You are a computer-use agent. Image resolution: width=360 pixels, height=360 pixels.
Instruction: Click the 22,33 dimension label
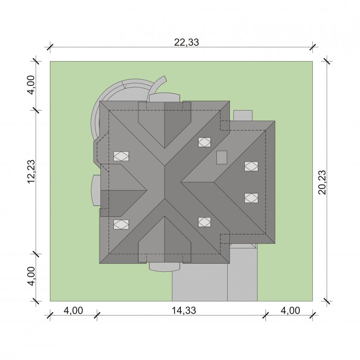tap(186, 42)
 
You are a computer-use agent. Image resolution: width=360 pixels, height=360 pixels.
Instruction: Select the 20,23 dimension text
tap(322, 182)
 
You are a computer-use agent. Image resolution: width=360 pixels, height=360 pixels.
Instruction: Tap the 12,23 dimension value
tap(31, 171)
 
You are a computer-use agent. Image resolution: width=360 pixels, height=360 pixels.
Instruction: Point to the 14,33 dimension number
tap(184, 310)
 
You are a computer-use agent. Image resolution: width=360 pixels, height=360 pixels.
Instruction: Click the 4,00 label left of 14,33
tap(73, 310)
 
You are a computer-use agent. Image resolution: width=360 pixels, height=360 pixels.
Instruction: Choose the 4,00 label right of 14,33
tap(290, 310)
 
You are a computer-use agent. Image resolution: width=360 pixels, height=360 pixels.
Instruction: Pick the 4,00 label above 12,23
tap(31, 85)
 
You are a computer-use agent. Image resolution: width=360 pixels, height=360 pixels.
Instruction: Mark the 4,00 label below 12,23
tap(31, 276)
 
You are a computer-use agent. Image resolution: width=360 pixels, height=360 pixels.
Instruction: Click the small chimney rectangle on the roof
tap(222, 157)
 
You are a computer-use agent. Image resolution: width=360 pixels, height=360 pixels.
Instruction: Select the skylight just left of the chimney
tap(204, 142)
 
